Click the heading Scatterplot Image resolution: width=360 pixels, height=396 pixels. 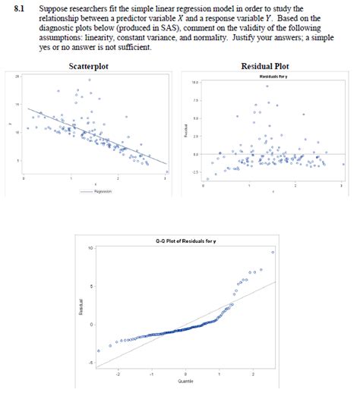coord(88,67)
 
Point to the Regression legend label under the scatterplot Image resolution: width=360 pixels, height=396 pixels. coord(102,191)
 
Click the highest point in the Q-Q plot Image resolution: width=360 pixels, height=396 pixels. coord(272,251)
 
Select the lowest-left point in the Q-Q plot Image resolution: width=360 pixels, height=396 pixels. coord(98,350)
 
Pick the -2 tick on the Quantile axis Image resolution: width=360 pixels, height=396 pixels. coord(116,374)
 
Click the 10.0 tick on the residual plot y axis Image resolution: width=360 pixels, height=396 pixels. coord(195,82)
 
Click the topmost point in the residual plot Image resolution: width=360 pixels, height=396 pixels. coord(267,86)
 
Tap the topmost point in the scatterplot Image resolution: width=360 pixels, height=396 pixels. coord(90,80)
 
